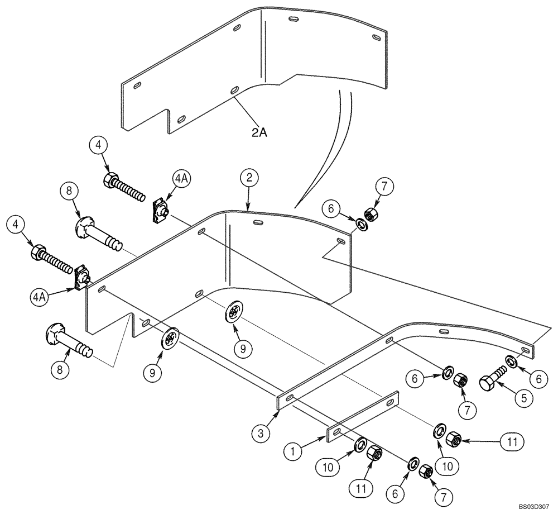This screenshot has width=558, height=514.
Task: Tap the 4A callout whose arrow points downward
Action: click(x=181, y=179)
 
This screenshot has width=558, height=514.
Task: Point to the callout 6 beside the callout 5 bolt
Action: click(x=538, y=378)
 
